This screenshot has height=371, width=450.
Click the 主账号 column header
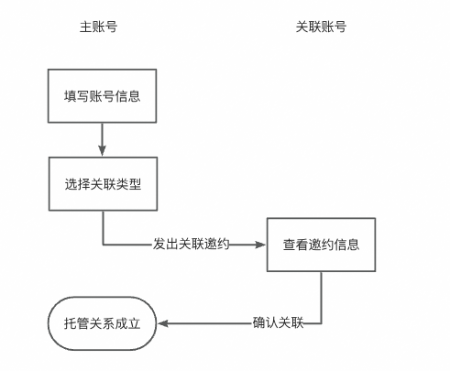pos(99,27)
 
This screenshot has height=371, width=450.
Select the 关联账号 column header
pos(321,27)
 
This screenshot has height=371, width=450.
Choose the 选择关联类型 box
pos(102,184)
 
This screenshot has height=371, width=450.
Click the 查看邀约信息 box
pos(321,245)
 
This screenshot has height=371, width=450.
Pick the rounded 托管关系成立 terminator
pos(102,323)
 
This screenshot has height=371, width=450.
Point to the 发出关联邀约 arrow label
pos(191,245)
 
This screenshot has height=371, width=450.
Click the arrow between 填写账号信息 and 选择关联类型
pos(102,138)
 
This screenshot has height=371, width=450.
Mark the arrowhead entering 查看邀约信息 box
pos(261,245)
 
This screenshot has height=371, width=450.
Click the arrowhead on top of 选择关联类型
pos(102,152)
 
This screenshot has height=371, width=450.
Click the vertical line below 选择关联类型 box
pos(102,227)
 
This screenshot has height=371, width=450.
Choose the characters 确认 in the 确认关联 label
pos(266,323)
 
